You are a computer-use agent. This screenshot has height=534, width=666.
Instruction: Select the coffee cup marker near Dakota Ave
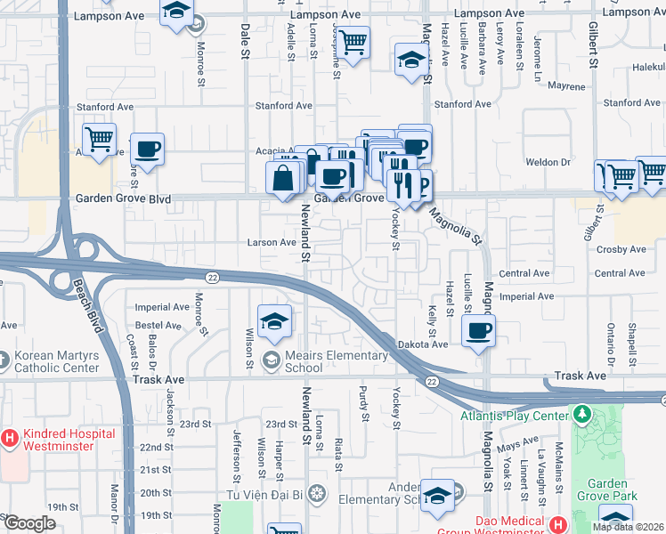tap(478, 332)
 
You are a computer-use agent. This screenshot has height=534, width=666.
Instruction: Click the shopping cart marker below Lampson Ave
tap(353, 41)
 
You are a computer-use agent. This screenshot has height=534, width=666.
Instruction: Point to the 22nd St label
tap(156, 447)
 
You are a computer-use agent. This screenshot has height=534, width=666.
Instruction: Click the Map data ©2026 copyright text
tap(629, 527)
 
